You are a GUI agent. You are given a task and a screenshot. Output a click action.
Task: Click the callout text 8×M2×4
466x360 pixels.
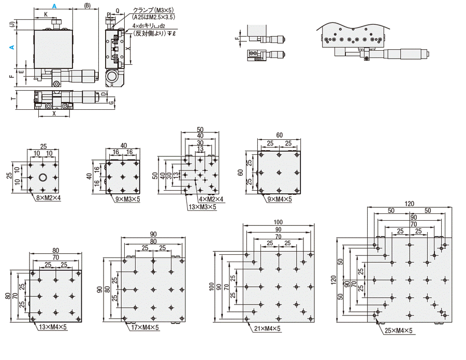click(49, 198)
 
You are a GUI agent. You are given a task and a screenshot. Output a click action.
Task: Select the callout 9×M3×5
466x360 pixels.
click(127, 199)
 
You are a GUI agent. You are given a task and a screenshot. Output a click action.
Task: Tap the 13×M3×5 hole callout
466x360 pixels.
click(202, 207)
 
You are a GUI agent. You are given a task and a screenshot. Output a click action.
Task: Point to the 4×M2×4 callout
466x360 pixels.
click(211, 199)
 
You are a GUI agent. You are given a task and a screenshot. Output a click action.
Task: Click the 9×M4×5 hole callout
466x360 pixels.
click(280, 199)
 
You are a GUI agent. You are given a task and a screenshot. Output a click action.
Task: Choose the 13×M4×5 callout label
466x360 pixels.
click(53, 327)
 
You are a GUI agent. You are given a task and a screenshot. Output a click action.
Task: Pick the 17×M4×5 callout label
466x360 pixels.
click(145, 327)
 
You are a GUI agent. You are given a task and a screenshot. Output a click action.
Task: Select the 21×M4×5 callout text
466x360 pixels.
click(267, 328)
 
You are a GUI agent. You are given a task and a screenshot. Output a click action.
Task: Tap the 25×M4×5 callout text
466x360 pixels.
click(398, 330)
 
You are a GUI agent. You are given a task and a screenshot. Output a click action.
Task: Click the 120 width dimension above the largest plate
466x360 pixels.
click(409, 204)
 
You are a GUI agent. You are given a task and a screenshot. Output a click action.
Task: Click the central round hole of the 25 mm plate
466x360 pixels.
click(43, 178)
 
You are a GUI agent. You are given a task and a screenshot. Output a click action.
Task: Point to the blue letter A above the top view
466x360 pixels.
click(54, 6)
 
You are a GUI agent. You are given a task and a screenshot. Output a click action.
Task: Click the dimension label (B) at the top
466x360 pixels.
click(87, 6)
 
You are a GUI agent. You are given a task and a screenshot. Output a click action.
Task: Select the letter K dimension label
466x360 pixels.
click(46, 15)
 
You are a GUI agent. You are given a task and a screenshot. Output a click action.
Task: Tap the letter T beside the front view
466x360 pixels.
click(13, 98)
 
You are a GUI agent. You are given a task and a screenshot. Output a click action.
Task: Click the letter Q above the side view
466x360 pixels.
click(118, 11)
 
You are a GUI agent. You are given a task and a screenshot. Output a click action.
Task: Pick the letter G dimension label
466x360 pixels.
click(111, 103)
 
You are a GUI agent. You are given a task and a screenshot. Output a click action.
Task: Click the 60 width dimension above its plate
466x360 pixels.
click(280, 135)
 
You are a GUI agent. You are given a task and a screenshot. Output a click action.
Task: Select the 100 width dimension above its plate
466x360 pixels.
click(278, 222)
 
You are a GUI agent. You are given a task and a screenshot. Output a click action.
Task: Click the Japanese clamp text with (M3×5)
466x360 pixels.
click(153, 10)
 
